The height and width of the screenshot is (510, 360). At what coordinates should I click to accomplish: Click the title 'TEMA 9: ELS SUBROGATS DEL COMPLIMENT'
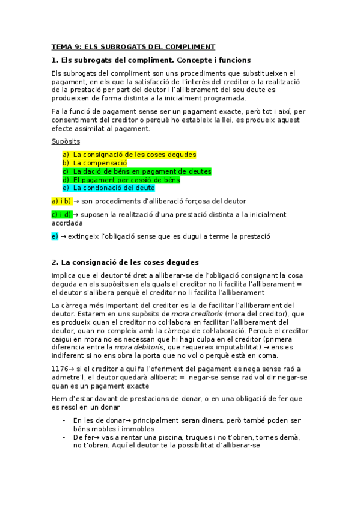(x=133, y=47)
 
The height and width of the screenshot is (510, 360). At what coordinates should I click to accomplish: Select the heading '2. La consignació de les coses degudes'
(x=125, y=262)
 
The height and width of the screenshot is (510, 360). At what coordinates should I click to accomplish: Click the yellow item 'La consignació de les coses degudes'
(x=134, y=155)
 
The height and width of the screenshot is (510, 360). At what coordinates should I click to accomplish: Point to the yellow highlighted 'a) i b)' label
(x=62, y=201)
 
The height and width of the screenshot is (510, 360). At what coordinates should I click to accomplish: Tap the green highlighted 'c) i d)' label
(x=62, y=214)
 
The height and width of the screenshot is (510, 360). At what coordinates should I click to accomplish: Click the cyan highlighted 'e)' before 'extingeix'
(x=55, y=236)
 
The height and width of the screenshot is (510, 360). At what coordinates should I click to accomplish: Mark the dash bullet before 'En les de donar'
(x=64, y=420)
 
